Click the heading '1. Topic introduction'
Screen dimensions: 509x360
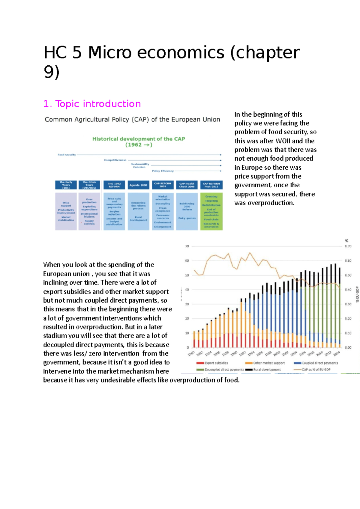click(x=92, y=104)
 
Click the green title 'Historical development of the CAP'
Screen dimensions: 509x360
click(x=139, y=139)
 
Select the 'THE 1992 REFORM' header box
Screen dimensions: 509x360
click(x=114, y=185)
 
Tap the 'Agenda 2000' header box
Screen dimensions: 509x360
click(x=138, y=185)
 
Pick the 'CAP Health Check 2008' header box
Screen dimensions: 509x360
click(x=187, y=185)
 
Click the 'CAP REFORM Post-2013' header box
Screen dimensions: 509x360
click(x=211, y=185)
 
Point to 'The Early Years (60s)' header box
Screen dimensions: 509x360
click(x=66, y=185)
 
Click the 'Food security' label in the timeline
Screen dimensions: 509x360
click(x=67, y=155)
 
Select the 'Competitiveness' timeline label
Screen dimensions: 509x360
click(x=115, y=160)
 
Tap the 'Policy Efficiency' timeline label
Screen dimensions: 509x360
click(x=163, y=171)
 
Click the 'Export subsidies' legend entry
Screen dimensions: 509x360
click(x=216, y=363)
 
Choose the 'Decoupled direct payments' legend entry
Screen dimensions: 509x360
click(x=224, y=370)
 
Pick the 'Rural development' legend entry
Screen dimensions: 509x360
click(x=267, y=370)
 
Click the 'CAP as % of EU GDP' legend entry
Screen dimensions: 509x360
click(x=316, y=370)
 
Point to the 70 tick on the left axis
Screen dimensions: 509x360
click(x=187, y=246)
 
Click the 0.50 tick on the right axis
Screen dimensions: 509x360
click(x=348, y=275)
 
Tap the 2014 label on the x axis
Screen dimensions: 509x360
click(x=337, y=353)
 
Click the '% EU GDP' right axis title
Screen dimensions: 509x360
click(x=357, y=294)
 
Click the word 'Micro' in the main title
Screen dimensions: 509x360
click(x=109, y=52)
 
